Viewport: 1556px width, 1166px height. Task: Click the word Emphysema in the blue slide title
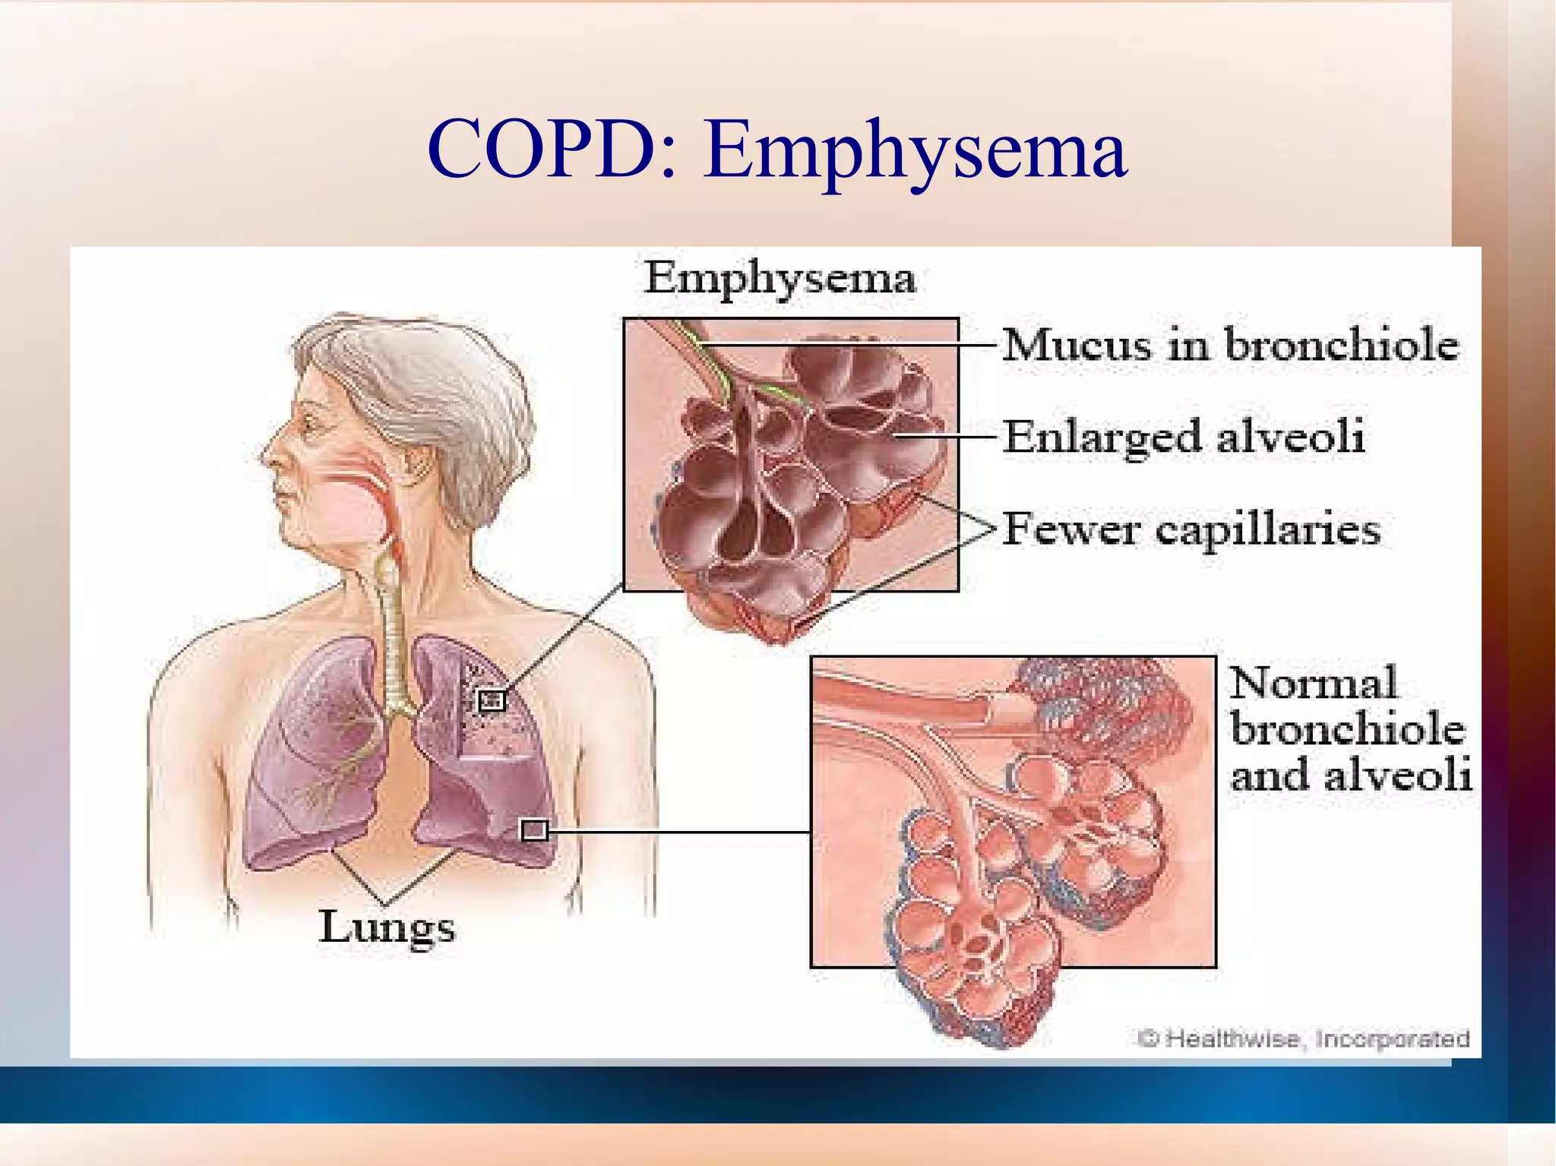click(915, 152)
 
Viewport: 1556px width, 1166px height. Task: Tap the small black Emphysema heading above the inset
click(780, 279)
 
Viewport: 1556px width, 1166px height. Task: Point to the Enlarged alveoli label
click(1183, 438)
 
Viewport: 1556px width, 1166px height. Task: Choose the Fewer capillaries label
click(1191, 529)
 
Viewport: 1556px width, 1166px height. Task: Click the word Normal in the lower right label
click(1313, 683)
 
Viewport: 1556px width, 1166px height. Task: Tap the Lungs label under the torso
click(387, 927)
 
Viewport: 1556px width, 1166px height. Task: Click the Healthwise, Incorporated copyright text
click(1303, 1038)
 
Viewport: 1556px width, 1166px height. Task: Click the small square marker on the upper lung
click(492, 700)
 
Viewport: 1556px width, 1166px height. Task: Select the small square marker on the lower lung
click(533, 831)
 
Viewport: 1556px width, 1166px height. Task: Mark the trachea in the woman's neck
click(392, 630)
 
